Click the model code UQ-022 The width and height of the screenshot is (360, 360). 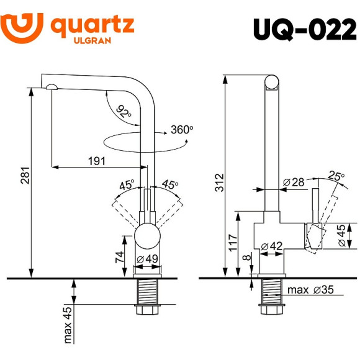[305, 29]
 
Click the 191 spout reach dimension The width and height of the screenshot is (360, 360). [96, 161]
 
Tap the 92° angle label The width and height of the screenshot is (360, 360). [124, 112]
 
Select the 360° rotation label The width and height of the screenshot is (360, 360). [182, 130]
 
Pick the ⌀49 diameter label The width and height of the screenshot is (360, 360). [148, 259]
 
